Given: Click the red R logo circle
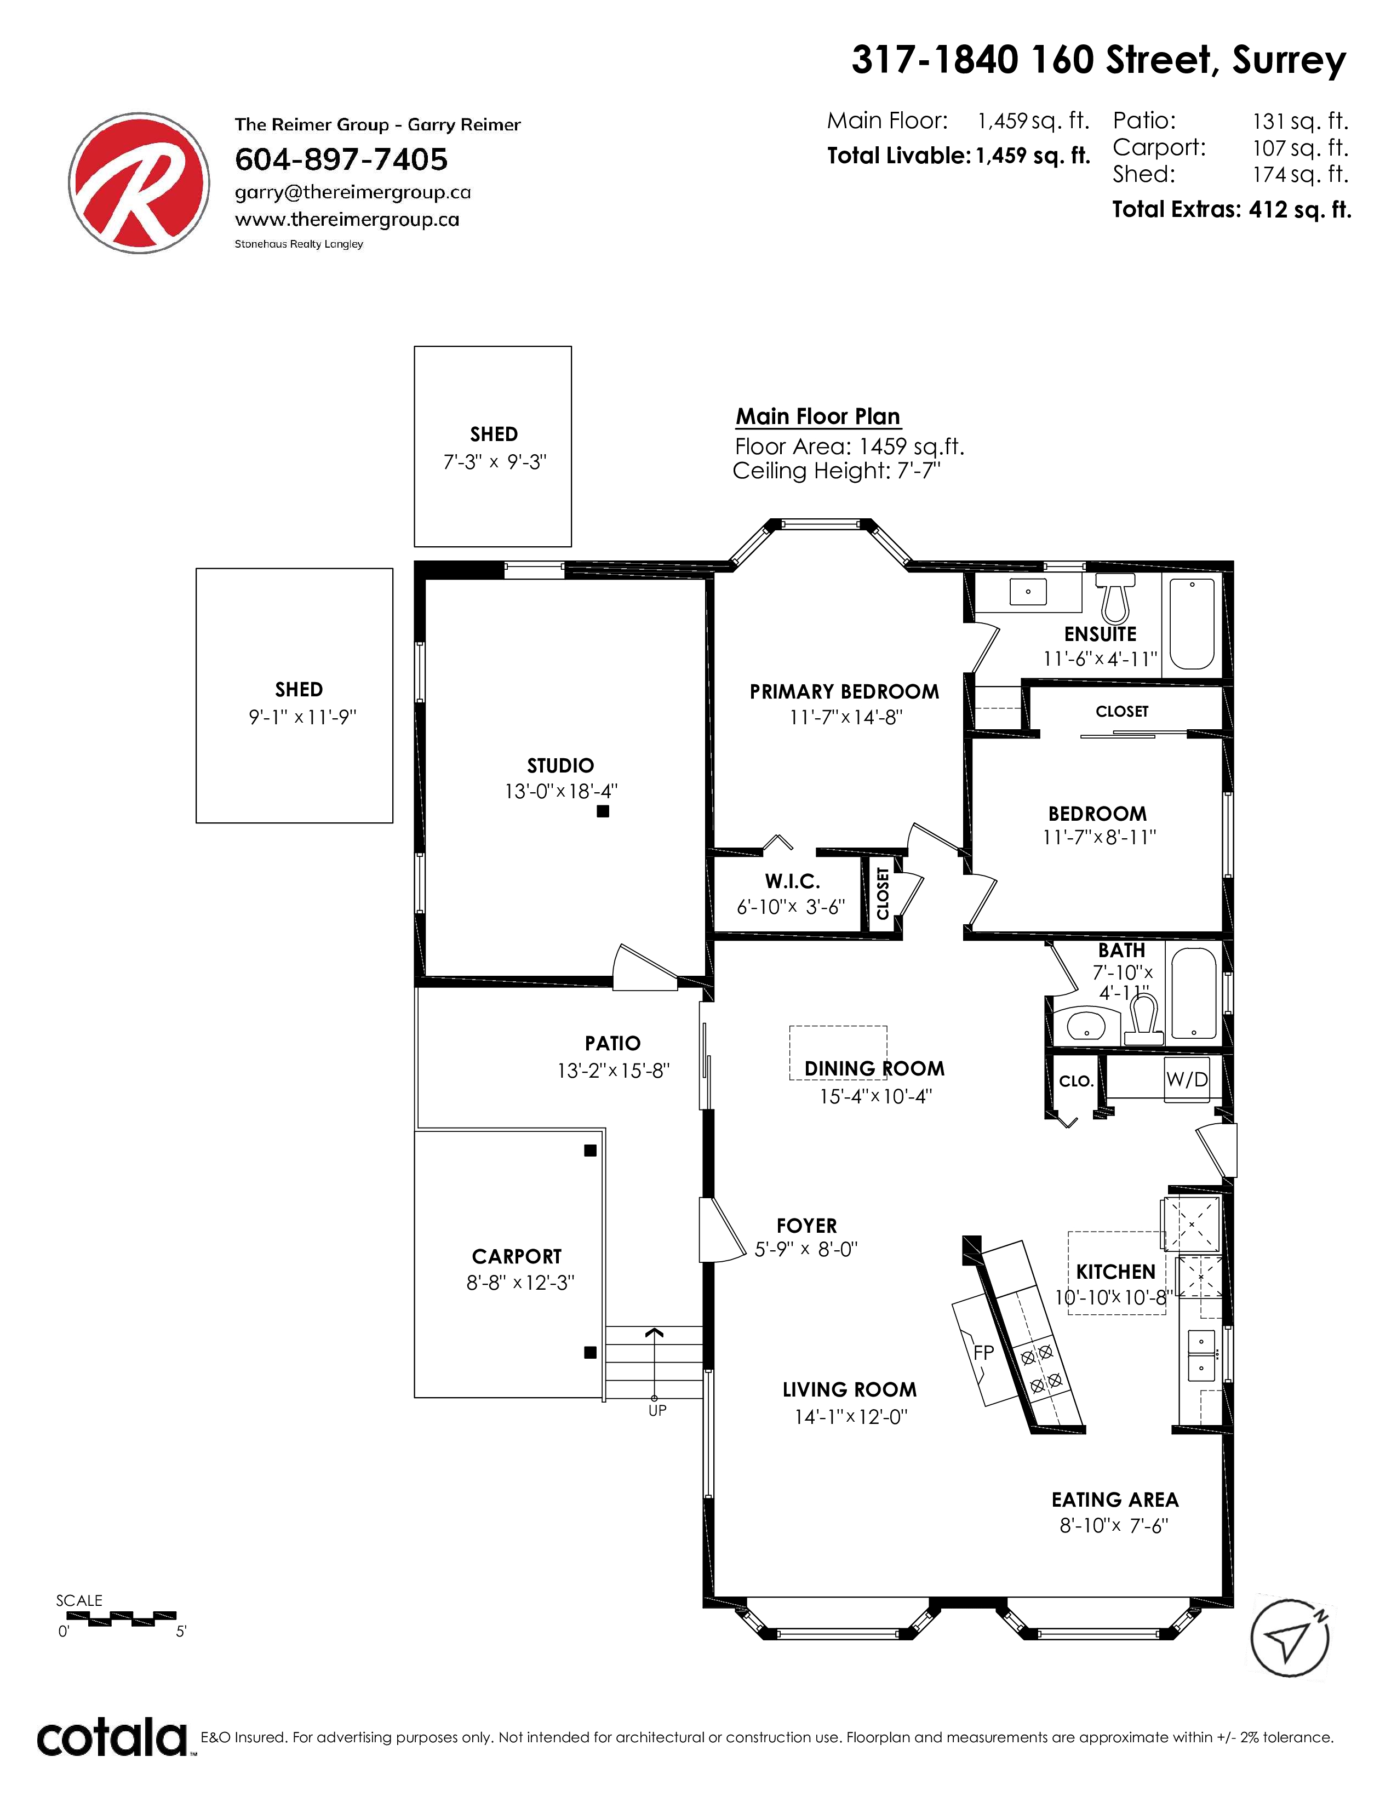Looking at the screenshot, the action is (x=139, y=183).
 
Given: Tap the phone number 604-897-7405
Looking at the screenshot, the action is (x=341, y=159).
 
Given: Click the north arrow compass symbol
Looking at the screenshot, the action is (x=1290, y=1638).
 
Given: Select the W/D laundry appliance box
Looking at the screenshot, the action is (x=1187, y=1079).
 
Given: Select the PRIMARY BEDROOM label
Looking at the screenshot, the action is (x=844, y=692).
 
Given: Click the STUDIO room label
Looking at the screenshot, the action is (x=560, y=766).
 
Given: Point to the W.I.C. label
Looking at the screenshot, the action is (x=792, y=881).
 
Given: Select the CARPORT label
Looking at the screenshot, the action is (x=517, y=1257).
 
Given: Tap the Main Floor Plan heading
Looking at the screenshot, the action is (x=818, y=416).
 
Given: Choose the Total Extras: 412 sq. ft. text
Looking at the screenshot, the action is (x=1232, y=209).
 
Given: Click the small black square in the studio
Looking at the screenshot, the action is (x=603, y=811).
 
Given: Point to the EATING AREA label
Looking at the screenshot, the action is (x=1115, y=1500).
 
